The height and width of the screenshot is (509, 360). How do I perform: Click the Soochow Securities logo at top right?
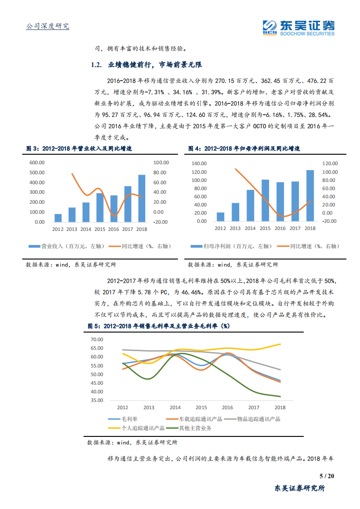coord(299,27)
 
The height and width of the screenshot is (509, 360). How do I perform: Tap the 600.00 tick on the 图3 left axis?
coord(37,163)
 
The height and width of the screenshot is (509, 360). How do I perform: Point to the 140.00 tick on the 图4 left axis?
coord(199,163)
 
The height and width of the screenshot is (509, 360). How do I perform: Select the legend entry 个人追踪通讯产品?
coord(143,427)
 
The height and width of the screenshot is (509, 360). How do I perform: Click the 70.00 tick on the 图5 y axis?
coord(97,339)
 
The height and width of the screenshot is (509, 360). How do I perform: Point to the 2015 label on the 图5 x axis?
coord(201,407)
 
